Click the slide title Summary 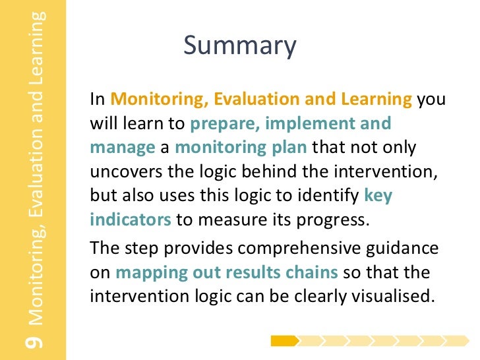pos(240,46)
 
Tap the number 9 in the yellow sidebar pos(37,340)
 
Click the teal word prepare pos(218,123)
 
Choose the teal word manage pos(123,146)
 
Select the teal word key pos(378,196)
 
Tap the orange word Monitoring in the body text pos(156,100)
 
